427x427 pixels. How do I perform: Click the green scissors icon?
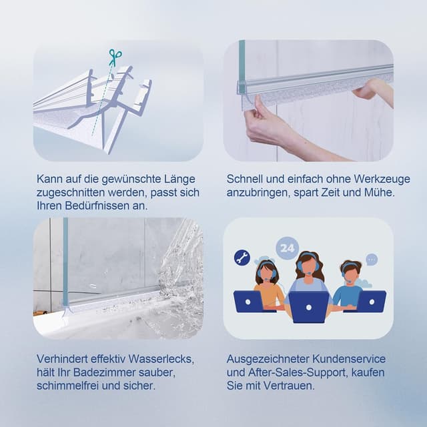115,57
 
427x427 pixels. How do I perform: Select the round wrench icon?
242,258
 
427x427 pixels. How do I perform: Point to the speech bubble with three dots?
372,259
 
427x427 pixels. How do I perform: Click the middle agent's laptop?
309,307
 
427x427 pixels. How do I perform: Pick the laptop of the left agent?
250,301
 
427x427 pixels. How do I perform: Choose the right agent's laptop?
371,301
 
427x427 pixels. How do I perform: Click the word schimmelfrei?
69,386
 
